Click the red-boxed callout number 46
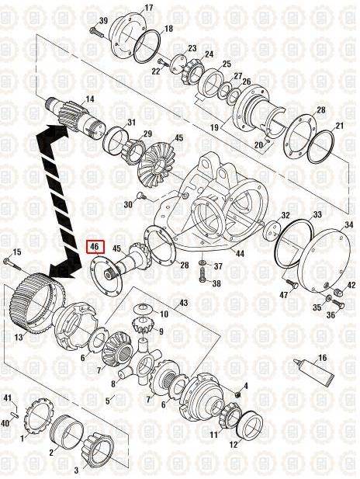coord(95,247)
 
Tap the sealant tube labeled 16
coord(313,372)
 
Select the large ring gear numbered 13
coord(37,302)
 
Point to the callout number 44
coord(241,253)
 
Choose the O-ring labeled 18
coord(147,47)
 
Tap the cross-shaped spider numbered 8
coord(141,362)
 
